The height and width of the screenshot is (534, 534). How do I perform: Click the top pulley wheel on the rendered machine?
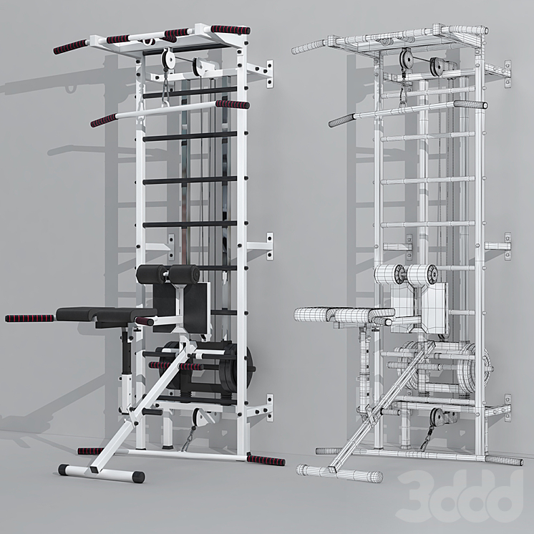point(168,57)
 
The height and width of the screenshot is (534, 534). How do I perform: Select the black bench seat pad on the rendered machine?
point(106,314)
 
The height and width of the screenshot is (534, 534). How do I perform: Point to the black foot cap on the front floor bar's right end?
point(138,477)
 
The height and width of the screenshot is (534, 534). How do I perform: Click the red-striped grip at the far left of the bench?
point(29,319)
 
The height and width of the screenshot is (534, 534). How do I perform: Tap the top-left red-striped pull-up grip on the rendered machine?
point(70,47)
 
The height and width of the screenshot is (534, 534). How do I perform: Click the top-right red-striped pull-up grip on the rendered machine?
point(230,29)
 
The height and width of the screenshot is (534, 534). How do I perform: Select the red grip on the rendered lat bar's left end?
point(104,120)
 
